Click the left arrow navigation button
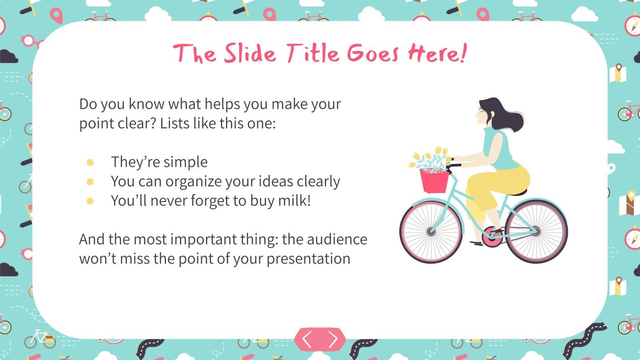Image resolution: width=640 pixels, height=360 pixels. (307, 340)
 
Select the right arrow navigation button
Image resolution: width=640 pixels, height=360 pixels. (333, 340)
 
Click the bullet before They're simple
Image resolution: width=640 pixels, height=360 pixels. (90, 162)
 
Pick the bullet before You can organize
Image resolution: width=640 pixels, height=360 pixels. (90, 182)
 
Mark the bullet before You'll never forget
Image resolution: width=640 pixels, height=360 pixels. (90, 201)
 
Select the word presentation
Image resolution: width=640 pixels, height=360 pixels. (308, 259)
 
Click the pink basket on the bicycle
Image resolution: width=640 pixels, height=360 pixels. (434, 181)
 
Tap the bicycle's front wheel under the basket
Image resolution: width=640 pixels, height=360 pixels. (431, 231)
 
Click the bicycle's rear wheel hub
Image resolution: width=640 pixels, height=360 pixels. (536, 231)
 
